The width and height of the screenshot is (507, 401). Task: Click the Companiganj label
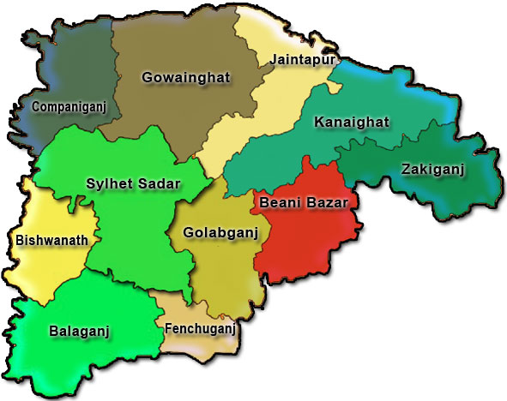(x=61, y=107)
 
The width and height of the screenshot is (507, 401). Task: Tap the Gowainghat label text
(x=186, y=78)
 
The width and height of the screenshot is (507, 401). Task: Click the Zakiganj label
(x=432, y=170)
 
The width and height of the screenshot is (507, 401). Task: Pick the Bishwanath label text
(x=51, y=241)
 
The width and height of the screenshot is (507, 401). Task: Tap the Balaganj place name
(x=80, y=330)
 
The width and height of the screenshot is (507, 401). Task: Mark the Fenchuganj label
(x=198, y=327)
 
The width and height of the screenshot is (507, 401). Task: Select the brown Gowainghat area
(x=180, y=111)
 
